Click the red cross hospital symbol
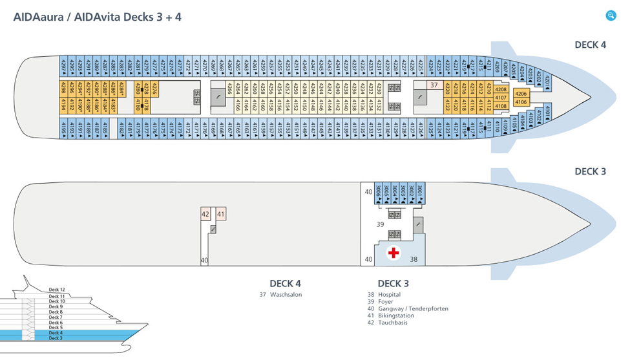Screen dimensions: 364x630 (393, 253)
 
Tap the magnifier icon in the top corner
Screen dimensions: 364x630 (611, 16)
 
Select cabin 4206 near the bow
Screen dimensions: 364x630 (521, 94)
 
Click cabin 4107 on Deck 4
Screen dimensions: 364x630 (501, 98)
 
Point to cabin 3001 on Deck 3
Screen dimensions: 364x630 (419, 191)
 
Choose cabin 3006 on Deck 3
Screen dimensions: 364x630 (379, 191)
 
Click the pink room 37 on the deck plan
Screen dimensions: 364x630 (434, 85)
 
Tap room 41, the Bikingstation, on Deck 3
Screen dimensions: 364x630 (220, 214)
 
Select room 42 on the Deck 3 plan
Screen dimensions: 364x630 (205, 214)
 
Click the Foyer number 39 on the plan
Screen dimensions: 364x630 (381, 224)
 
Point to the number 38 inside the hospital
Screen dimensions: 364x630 (414, 259)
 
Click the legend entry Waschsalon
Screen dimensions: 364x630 (286, 295)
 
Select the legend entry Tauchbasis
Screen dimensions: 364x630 (392, 323)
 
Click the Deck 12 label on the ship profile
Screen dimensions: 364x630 (57, 290)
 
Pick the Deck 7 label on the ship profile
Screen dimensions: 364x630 (56, 317)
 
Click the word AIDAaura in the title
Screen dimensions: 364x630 (40, 17)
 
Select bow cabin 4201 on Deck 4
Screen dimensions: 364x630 (547, 81)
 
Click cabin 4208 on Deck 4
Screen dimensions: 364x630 (501, 89)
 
